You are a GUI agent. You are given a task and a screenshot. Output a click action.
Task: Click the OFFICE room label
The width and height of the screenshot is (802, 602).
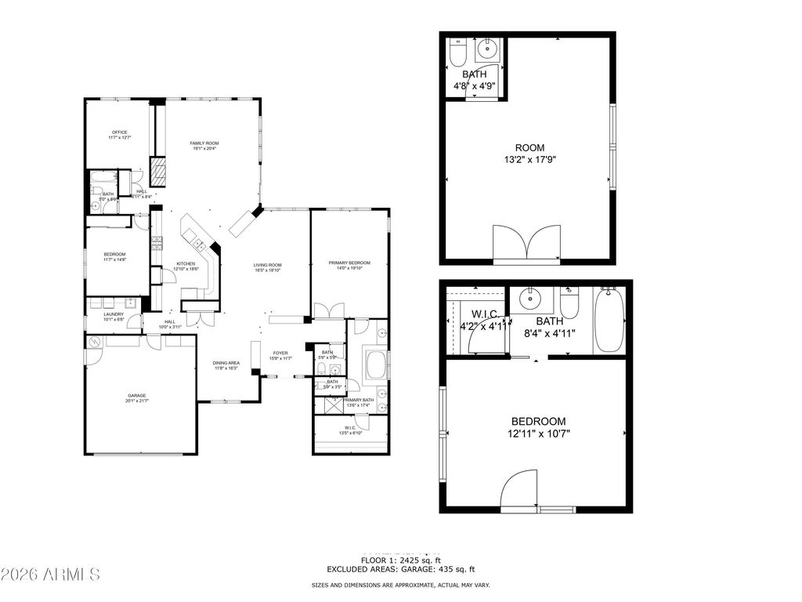click(119, 132)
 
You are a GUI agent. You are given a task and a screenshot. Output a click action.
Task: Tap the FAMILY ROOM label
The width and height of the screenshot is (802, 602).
click(204, 143)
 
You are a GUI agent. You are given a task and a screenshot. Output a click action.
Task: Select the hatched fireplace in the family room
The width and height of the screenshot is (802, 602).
click(158, 172)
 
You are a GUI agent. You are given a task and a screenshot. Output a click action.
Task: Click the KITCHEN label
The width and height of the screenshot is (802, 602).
click(186, 263)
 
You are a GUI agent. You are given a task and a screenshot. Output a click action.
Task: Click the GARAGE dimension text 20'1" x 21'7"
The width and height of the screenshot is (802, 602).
click(138, 401)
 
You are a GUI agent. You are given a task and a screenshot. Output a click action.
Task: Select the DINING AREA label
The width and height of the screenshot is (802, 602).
click(227, 363)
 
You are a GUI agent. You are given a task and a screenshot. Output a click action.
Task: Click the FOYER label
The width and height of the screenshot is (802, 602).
click(280, 353)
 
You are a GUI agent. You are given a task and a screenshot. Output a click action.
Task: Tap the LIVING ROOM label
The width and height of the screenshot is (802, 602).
click(267, 265)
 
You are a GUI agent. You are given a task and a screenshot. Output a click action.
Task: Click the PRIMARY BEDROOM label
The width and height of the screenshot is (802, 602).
click(349, 263)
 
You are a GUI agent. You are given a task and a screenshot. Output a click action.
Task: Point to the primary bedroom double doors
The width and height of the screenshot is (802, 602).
click(327, 310)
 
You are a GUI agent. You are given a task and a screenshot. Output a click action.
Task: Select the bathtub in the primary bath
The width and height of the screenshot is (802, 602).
click(376, 364)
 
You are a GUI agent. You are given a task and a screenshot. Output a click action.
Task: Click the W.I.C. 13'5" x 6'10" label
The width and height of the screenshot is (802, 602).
click(350, 428)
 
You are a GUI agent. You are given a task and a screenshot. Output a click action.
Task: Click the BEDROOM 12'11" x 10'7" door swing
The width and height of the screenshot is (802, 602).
click(518, 491)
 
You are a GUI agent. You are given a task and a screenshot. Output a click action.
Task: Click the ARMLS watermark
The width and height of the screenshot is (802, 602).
click(51, 575)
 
